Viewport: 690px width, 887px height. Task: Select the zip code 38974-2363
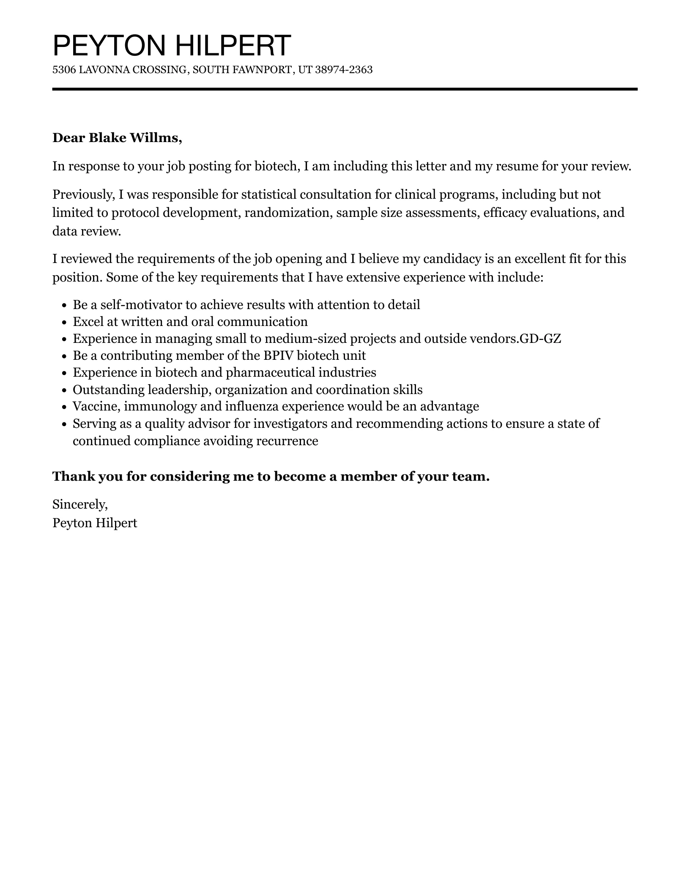point(344,70)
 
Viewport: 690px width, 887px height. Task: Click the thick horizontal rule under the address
point(345,89)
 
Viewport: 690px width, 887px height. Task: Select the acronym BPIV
point(279,356)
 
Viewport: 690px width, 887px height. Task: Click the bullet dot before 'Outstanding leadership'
point(64,390)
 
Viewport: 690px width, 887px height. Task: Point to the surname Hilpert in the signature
point(116,523)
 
